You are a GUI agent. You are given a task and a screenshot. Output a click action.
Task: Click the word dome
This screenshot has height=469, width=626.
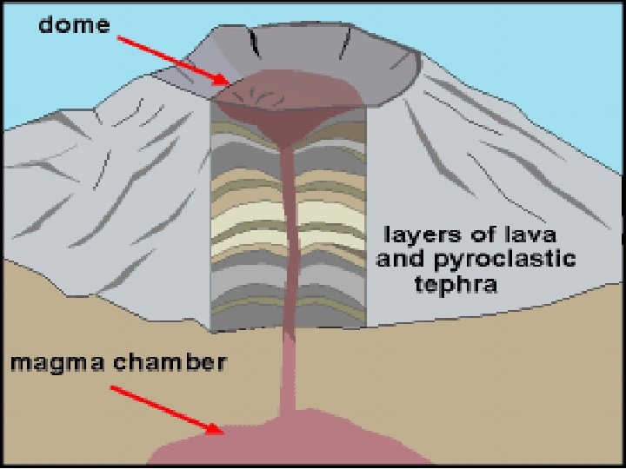coord(74,25)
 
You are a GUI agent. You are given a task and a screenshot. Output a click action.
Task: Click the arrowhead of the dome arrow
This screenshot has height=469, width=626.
coord(228,83)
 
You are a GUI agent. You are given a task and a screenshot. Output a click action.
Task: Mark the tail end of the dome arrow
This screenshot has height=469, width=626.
coord(119,38)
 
